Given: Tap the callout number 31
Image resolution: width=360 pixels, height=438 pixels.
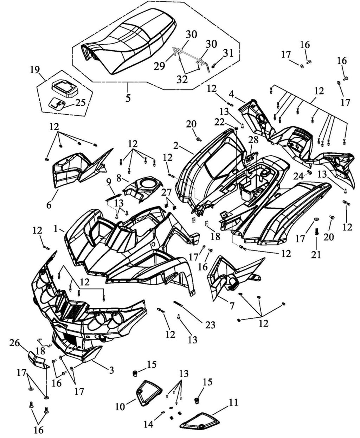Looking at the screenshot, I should click(x=228, y=53).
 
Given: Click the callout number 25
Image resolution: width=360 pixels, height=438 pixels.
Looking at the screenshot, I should click(x=80, y=103).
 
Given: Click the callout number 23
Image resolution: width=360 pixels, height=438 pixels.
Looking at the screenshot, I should click(x=210, y=325).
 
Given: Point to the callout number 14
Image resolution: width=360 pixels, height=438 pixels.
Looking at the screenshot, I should click(x=149, y=425).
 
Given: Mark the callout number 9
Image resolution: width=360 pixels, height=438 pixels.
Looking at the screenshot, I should click(x=109, y=182).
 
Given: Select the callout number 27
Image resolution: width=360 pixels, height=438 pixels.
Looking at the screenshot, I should click(x=166, y=192).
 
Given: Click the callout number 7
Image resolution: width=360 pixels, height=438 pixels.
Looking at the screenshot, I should click(x=232, y=305).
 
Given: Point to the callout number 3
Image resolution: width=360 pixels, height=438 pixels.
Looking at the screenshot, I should click(x=111, y=370).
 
